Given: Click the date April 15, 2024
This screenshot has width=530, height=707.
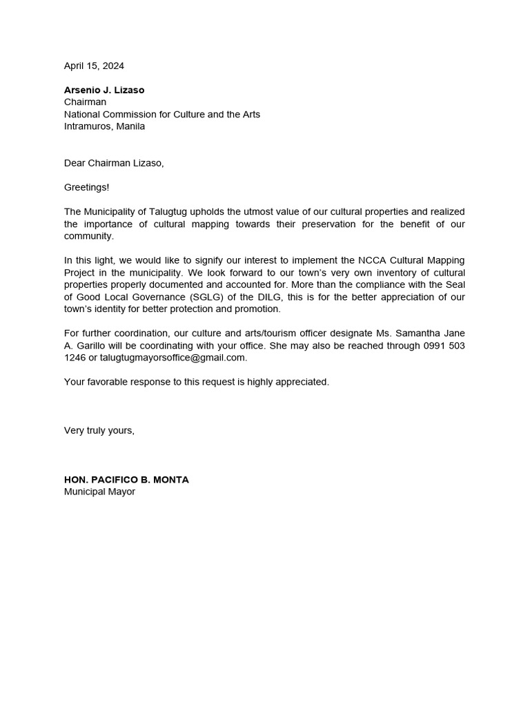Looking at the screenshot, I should (94, 66).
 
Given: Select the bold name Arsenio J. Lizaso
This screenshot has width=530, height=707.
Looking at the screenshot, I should (104, 90).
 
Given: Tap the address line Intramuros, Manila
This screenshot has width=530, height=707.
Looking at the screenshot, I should (104, 126).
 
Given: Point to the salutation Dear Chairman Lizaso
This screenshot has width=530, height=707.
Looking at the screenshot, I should (114, 163).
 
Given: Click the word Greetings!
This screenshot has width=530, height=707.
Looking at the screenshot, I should (86, 187).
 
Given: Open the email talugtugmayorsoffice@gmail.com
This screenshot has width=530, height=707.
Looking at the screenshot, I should (173, 358).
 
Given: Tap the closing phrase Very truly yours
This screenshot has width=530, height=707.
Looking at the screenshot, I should (99, 430).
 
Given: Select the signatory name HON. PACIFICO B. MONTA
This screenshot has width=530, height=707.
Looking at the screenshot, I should (126, 480).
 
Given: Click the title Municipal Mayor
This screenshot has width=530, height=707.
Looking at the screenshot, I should (99, 492).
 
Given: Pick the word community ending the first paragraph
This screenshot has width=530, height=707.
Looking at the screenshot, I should (88, 236).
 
